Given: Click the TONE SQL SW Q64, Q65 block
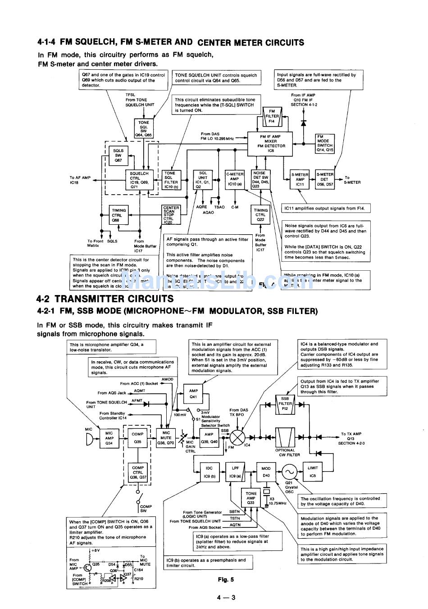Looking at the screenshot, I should [144, 128].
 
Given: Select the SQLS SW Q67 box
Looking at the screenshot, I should [118, 155].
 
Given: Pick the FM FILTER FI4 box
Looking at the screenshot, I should [272, 116].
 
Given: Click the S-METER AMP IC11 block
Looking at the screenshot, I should [300, 180].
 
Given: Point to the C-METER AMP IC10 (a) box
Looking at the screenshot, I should [235, 179].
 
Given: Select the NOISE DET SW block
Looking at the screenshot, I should [260, 179].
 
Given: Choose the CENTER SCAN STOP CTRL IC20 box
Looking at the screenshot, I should [171, 215].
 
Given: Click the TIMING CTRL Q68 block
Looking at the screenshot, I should [119, 215].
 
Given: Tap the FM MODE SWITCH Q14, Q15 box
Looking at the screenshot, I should [324, 143].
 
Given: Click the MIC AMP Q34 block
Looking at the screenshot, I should [109, 438].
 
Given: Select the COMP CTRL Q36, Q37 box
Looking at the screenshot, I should [138, 473].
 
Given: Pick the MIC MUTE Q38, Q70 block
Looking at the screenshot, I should [166, 438].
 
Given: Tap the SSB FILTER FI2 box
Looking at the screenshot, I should [285, 404].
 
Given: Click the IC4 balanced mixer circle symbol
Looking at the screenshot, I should [238, 437].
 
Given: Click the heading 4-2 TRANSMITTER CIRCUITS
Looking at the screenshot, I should [105, 299].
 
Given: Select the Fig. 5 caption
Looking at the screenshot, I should [226, 580].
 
